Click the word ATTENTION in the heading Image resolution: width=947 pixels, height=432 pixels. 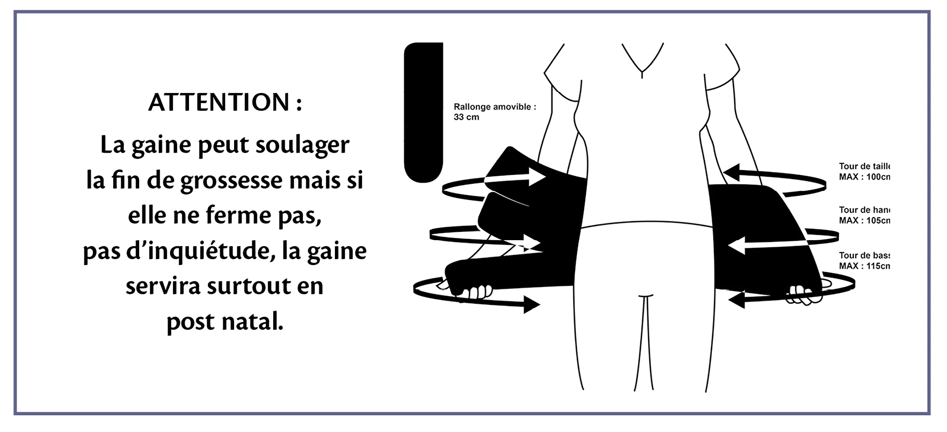(x=219, y=102)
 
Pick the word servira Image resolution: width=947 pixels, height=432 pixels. (x=163, y=286)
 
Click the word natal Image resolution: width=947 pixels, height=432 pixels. (x=253, y=322)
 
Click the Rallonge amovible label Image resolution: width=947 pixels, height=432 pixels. (x=494, y=107)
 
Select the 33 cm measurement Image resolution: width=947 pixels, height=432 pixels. (x=466, y=117)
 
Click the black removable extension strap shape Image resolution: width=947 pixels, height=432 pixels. (x=423, y=113)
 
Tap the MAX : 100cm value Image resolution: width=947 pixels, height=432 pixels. (x=864, y=177)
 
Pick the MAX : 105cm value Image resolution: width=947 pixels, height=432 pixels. (x=864, y=220)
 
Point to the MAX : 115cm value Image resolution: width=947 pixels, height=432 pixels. (x=864, y=266)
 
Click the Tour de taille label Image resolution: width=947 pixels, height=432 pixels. (x=864, y=166)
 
